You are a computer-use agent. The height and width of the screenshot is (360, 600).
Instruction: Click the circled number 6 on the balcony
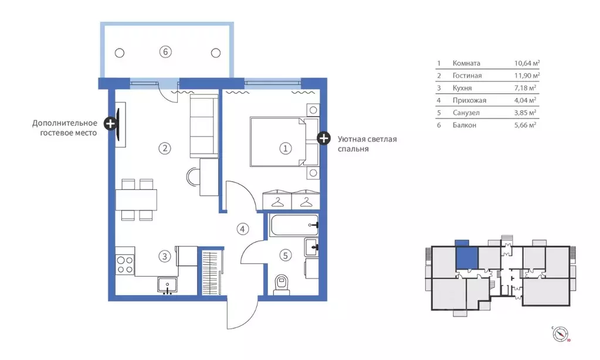165,52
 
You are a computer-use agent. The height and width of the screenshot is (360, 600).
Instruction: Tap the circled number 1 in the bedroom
285,148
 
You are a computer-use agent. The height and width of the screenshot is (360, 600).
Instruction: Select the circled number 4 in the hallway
243,229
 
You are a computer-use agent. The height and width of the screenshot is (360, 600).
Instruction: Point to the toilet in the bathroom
282,286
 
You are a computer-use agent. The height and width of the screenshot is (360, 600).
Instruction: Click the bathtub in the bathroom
294,225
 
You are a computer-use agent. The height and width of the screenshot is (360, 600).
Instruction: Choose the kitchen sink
167,286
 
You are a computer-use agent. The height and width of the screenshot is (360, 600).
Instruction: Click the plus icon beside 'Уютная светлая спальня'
324,138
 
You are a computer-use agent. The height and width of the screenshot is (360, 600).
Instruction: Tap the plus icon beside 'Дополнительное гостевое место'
111,124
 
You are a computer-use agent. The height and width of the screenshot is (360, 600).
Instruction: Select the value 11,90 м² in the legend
527,76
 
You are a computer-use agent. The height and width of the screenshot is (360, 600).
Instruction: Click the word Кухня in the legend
462,88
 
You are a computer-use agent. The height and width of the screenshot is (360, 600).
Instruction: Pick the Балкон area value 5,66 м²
525,125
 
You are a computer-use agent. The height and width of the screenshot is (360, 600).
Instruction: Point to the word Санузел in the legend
466,113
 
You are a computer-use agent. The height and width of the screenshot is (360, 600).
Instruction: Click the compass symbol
561,334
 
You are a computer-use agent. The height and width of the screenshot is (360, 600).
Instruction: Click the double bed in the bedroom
284,142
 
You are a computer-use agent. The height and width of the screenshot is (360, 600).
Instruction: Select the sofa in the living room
204,125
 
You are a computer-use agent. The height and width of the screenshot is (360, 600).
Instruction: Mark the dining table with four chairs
136,200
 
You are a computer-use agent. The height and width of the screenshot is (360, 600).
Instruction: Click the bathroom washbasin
311,247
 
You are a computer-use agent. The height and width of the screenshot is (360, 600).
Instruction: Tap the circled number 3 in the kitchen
165,256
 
